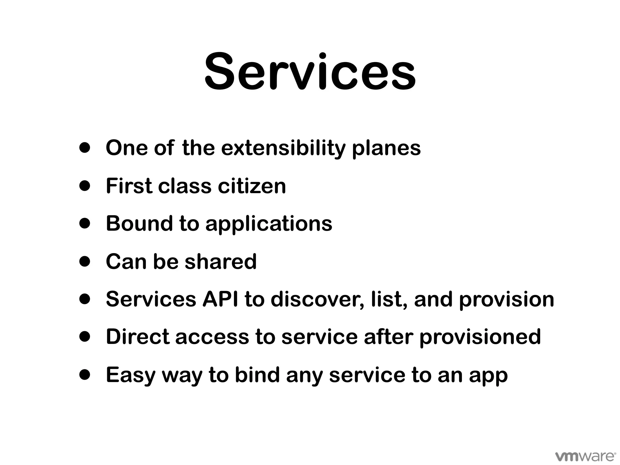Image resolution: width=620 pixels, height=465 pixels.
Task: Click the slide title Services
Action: pos(310,73)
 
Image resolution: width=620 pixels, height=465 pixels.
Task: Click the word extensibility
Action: pos(283,148)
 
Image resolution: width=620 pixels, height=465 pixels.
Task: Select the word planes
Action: pos(387,149)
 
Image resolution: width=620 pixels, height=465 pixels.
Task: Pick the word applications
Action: pos(269,224)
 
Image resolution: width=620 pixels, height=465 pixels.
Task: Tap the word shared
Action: pos(221,261)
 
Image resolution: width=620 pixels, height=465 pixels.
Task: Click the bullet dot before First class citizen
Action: pos(85,186)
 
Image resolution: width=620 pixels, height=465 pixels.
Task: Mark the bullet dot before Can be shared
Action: pos(85,262)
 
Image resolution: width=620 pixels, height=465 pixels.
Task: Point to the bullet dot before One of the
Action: pos(85,148)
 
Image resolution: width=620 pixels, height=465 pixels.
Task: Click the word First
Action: pos(129,186)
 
